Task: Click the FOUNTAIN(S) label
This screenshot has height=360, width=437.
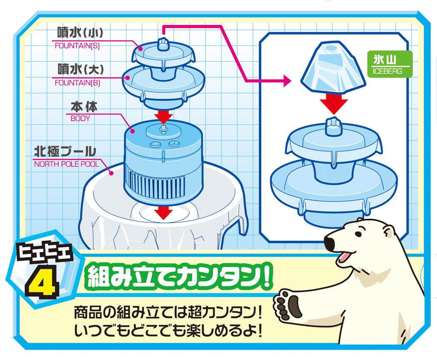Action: point(77,46)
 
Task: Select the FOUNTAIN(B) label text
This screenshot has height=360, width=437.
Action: point(77,83)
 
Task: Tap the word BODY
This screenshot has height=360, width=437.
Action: point(80,119)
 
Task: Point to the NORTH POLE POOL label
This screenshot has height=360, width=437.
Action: point(67,164)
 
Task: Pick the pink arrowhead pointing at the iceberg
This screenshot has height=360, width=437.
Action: point(287,81)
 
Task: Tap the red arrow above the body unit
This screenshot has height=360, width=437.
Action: point(164,116)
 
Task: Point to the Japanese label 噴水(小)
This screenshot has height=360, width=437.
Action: point(80,33)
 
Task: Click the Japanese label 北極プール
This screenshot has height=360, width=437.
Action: point(65,152)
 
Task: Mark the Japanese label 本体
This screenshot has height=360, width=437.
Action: point(84,107)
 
